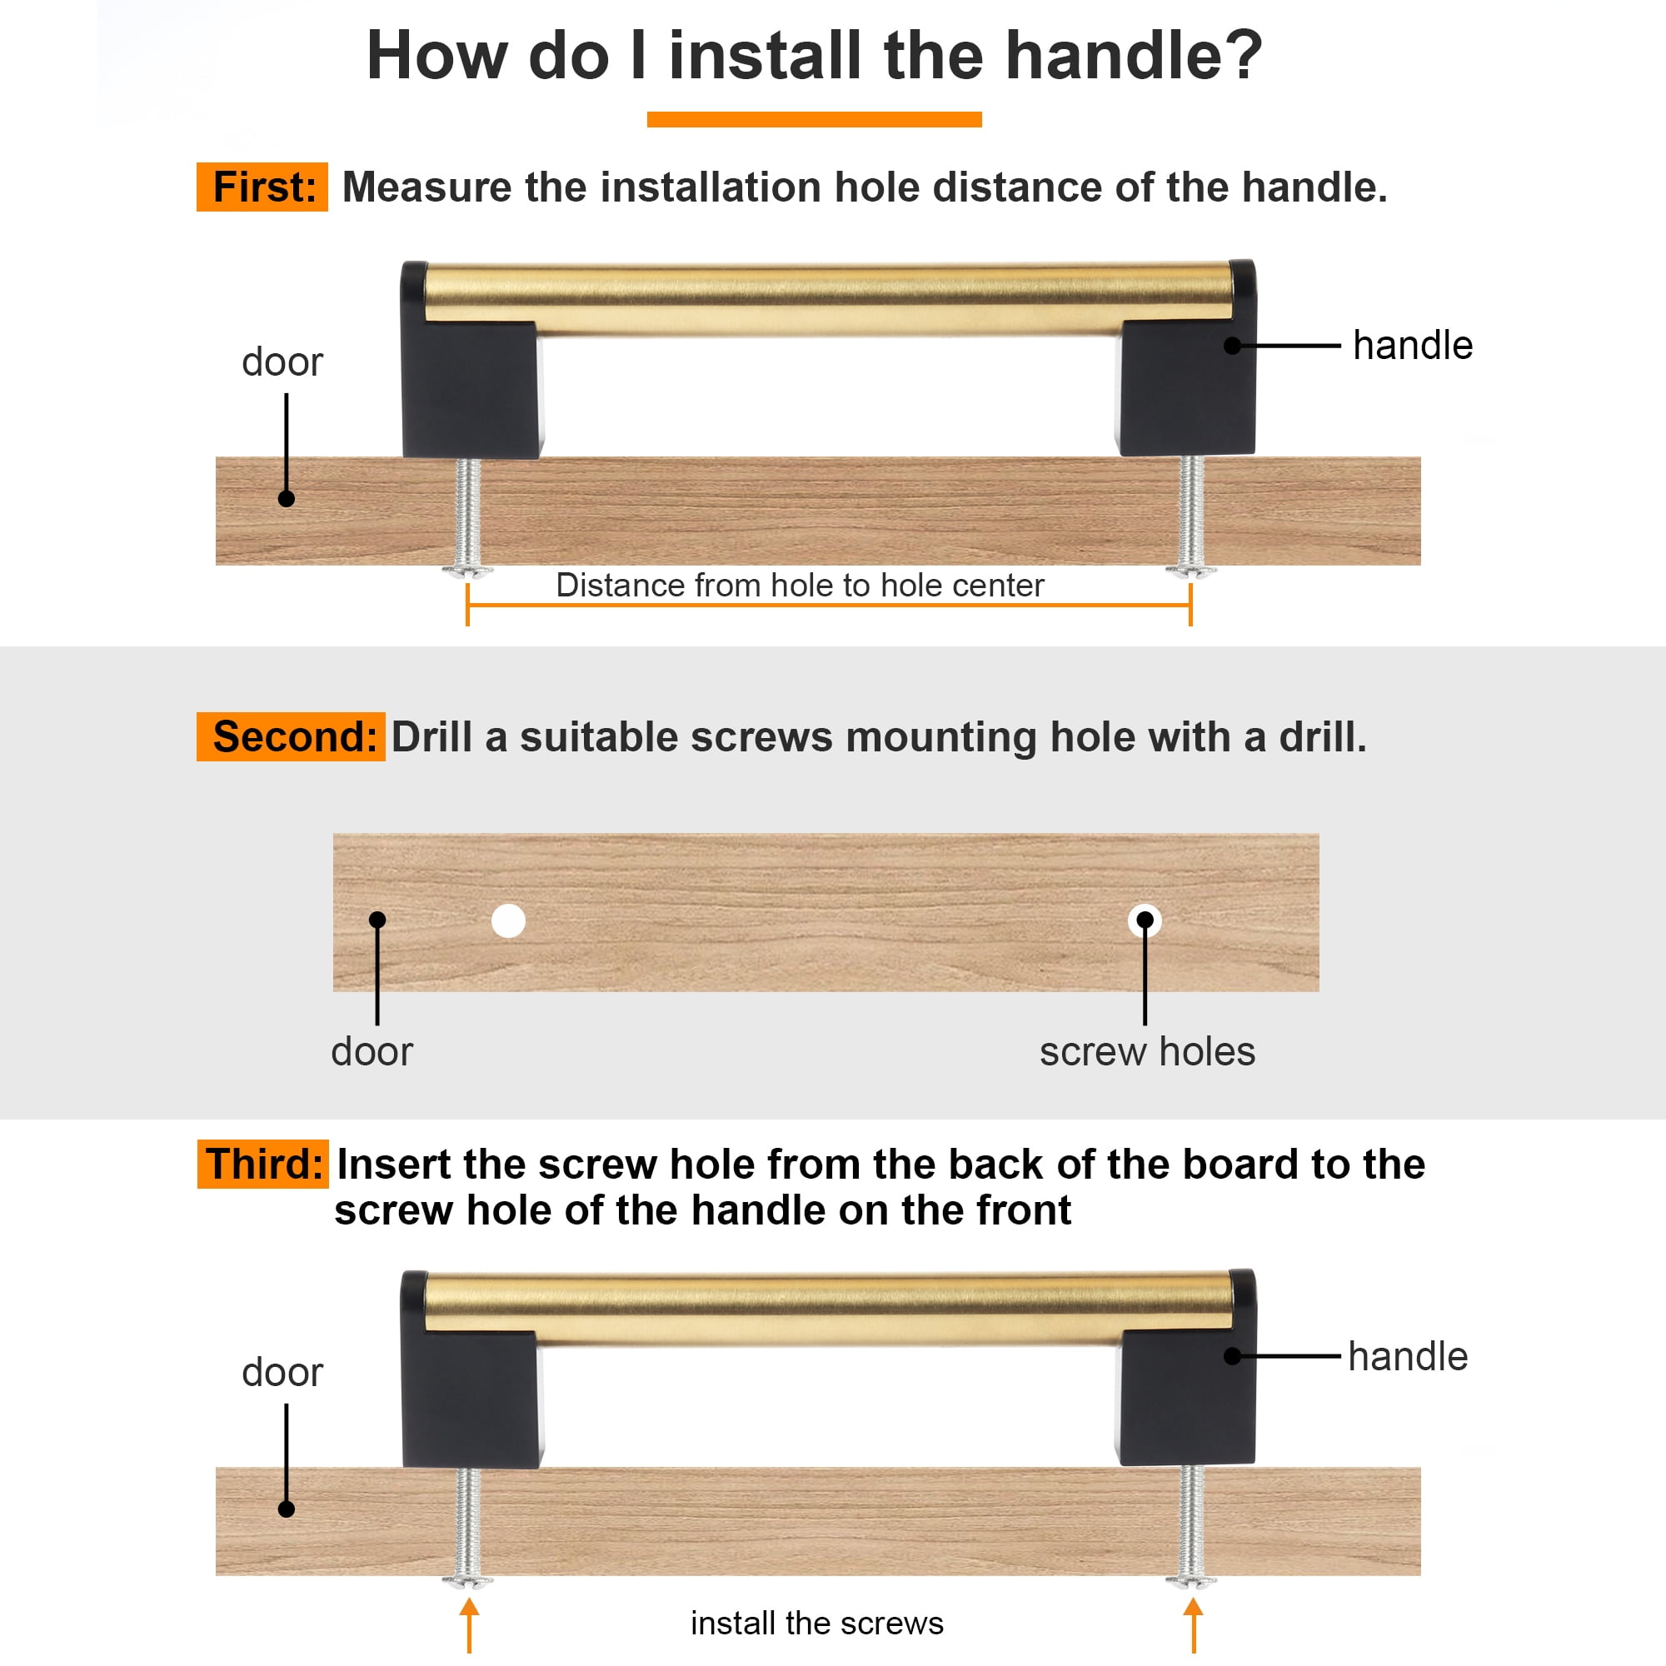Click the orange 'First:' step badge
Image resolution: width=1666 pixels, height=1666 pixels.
point(262,187)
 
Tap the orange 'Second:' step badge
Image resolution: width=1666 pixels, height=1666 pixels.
point(291,736)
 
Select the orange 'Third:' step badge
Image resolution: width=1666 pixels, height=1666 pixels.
point(263,1165)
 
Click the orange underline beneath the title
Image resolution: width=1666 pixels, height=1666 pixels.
point(814,119)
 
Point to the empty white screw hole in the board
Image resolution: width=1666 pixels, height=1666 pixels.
point(509,921)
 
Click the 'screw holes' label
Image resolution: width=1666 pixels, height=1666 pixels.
point(1147,1052)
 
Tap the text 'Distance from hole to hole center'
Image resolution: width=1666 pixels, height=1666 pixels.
point(800,585)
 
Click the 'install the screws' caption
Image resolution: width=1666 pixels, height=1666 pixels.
point(816,1623)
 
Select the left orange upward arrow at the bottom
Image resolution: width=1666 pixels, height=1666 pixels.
point(469,1624)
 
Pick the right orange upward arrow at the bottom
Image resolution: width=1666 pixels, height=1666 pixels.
point(1194,1624)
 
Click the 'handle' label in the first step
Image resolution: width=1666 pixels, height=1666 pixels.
point(1413,345)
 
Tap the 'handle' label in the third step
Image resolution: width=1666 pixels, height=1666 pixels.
point(1407,1356)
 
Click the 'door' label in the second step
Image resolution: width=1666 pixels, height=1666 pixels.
point(372,1052)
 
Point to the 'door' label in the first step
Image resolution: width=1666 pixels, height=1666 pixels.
point(282,362)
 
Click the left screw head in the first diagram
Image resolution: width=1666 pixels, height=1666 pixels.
point(467,570)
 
